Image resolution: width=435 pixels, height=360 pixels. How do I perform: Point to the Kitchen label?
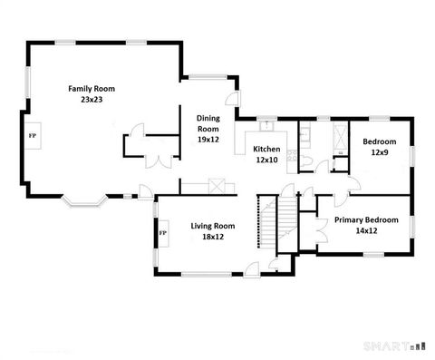[266, 149]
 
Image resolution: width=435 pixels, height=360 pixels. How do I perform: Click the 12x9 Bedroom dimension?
[379, 153]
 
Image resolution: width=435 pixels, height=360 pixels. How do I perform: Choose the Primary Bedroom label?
[365, 219]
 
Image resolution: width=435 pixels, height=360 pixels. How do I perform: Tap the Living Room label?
[213, 226]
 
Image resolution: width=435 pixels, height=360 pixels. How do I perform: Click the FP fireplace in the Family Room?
[33, 135]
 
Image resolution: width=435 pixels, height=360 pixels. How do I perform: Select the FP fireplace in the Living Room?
[163, 233]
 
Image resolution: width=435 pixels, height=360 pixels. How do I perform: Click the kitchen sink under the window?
[266, 125]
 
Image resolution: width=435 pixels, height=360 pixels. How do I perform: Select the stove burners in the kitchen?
[292, 156]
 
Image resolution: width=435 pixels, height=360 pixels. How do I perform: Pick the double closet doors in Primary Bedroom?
[318, 227]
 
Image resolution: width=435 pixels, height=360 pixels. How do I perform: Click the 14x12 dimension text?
[365, 231]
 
